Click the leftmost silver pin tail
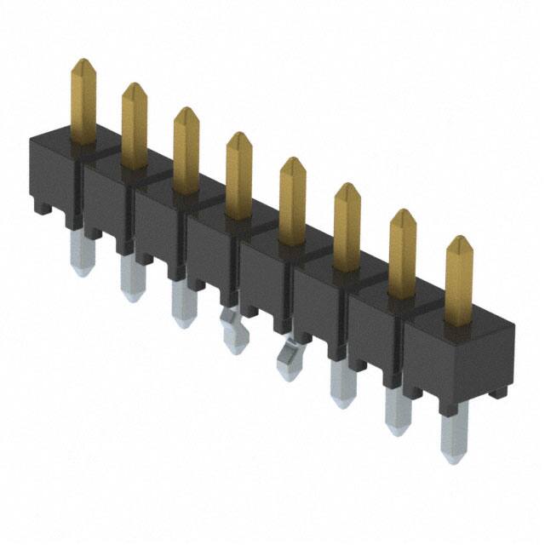coord(82,255)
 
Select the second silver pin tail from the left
coord(131,278)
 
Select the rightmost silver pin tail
coord(453,433)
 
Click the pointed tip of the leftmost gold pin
coord(83,62)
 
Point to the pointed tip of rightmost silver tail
coord(453,460)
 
